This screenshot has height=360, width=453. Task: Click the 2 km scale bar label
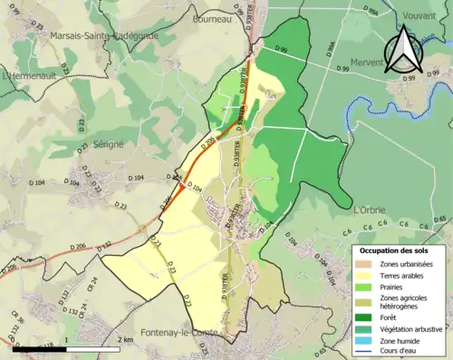coord(126,340)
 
